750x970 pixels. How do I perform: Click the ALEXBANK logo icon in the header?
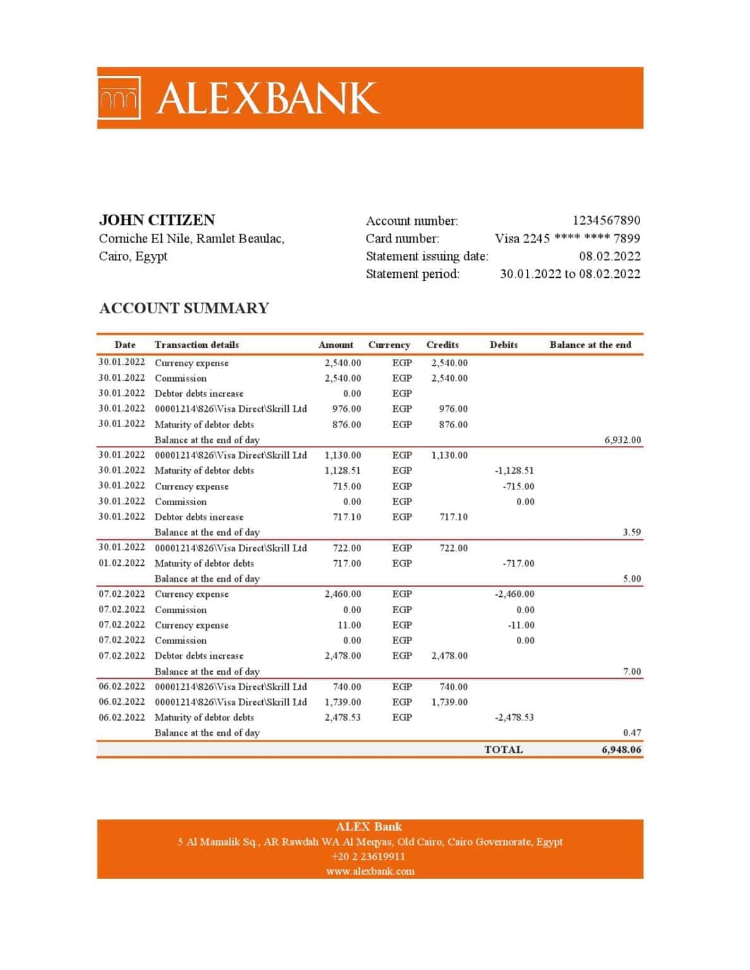(x=119, y=99)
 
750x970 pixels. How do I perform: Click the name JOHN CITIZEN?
(x=157, y=220)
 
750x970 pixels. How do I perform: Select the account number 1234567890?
(x=606, y=220)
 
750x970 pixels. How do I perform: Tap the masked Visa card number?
(x=567, y=238)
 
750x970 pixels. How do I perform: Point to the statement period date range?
(x=569, y=273)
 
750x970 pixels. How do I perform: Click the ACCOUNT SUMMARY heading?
(x=184, y=308)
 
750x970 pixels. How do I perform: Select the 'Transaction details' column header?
(x=197, y=345)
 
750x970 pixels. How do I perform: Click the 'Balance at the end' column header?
(x=590, y=345)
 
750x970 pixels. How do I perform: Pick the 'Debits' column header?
(x=503, y=345)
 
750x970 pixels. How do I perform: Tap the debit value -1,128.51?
(x=514, y=470)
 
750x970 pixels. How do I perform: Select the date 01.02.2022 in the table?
(x=121, y=563)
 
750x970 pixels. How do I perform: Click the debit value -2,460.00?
(x=514, y=594)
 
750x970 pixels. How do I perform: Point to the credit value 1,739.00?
(x=449, y=702)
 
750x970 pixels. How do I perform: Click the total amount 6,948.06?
(x=621, y=750)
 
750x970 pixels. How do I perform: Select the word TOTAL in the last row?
(x=503, y=750)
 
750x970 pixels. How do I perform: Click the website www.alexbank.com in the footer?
(x=370, y=871)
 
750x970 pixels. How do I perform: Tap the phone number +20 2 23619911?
(x=368, y=856)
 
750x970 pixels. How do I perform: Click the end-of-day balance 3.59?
(x=631, y=532)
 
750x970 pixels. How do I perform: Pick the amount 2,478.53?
(x=342, y=717)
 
